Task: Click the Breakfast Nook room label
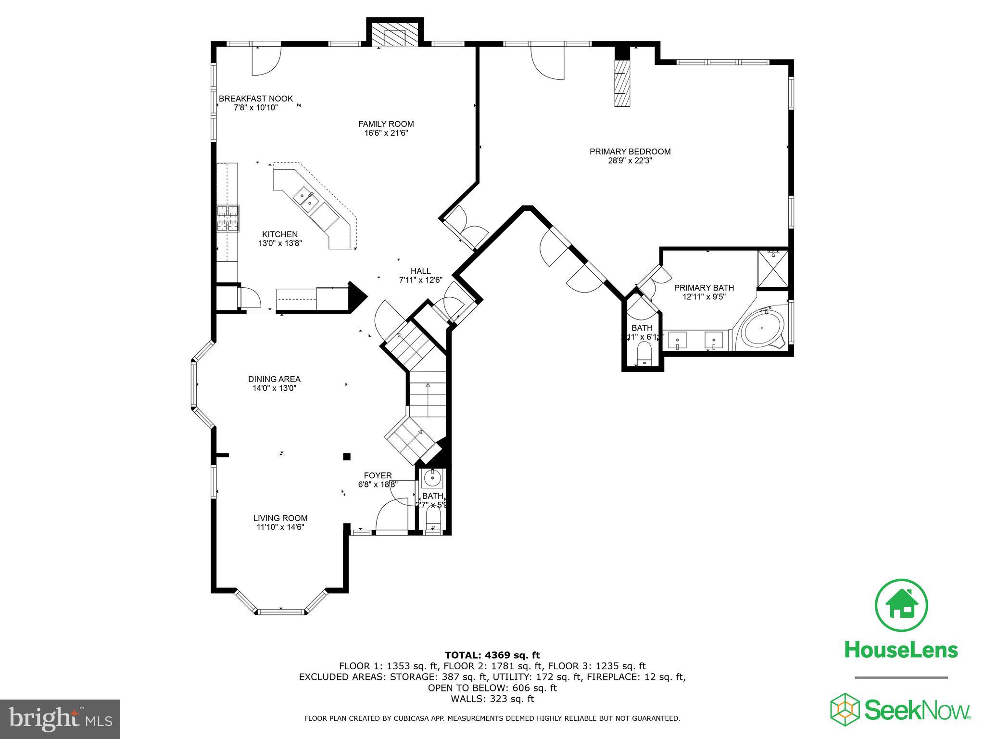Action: [x=255, y=99]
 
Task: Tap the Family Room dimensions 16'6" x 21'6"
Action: [x=386, y=133]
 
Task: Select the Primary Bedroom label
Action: [x=630, y=152]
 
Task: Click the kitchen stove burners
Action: [x=227, y=218]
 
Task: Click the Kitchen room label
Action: [x=279, y=234]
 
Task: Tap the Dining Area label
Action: [x=274, y=379]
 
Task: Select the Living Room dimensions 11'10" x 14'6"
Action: [x=280, y=527]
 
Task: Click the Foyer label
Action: [x=378, y=475]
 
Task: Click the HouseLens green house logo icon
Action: [x=901, y=606]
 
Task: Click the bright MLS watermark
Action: [x=60, y=719]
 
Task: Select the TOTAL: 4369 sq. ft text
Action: [x=492, y=655]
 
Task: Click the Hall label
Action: [x=420, y=271]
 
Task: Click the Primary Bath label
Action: [x=704, y=288]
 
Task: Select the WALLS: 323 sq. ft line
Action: [x=492, y=699]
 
